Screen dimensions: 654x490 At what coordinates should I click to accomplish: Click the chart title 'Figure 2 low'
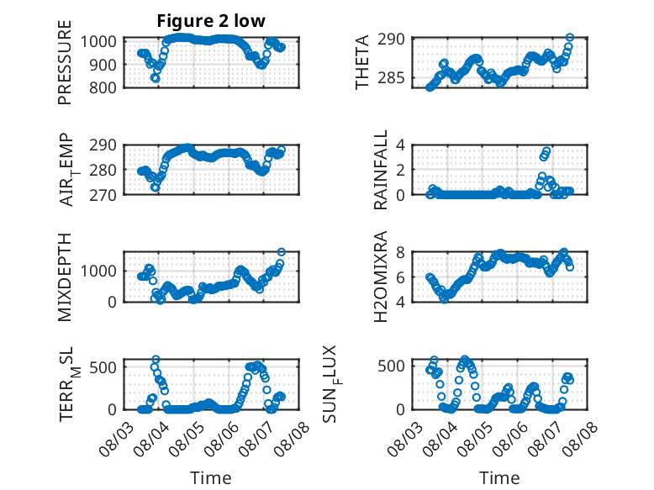(x=211, y=21)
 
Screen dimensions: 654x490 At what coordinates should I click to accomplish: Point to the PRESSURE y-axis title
(x=65, y=62)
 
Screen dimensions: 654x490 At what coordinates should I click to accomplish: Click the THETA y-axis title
(x=362, y=62)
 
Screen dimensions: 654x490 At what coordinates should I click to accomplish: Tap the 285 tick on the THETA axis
(x=391, y=77)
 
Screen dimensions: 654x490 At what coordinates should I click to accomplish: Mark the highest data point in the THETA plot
(x=569, y=38)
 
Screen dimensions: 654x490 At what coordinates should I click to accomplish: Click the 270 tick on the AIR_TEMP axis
(x=103, y=195)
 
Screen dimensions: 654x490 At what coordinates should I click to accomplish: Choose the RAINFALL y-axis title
(x=381, y=170)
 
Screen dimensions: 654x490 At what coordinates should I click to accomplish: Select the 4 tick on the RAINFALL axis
(x=400, y=145)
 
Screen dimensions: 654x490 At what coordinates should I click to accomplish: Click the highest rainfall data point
(x=546, y=150)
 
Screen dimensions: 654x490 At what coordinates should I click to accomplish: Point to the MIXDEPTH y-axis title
(x=65, y=277)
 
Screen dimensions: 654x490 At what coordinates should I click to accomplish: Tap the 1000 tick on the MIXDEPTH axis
(x=98, y=271)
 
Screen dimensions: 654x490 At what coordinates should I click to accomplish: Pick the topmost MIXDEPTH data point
(x=281, y=252)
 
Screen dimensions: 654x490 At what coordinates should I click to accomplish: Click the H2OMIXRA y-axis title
(x=381, y=277)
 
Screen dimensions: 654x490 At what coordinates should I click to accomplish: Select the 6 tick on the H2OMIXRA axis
(x=400, y=277)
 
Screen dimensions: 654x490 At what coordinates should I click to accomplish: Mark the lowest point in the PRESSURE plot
(x=156, y=78)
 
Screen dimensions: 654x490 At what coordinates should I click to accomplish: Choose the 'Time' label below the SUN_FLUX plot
(x=499, y=477)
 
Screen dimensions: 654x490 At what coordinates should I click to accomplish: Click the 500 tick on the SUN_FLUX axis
(x=391, y=366)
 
